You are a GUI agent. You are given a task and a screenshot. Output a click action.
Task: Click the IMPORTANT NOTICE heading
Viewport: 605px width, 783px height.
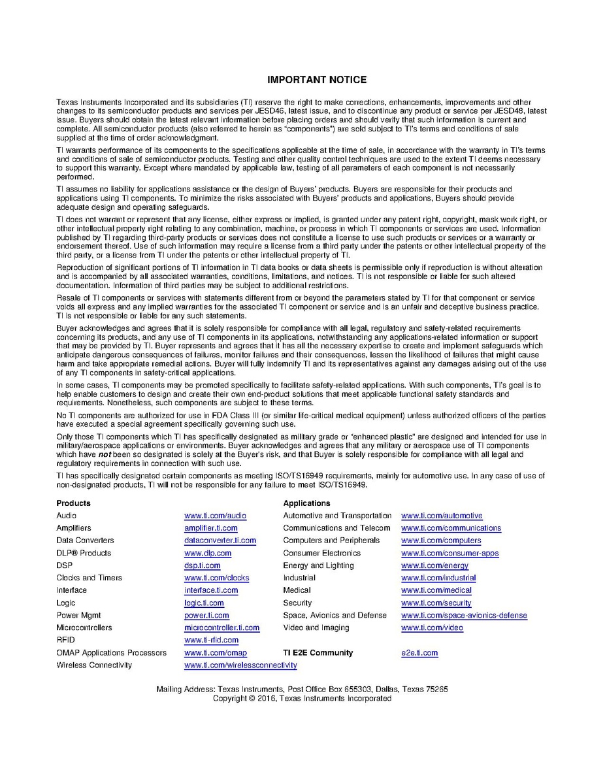tap(317, 80)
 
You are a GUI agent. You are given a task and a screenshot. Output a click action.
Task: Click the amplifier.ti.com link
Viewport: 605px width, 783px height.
tap(210, 528)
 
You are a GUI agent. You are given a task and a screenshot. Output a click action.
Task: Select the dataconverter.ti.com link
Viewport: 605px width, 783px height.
tap(220, 541)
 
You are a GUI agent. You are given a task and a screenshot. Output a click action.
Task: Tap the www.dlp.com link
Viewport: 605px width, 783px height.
tap(208, 553)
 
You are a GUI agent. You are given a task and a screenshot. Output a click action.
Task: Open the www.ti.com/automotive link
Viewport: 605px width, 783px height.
tap(442, 516)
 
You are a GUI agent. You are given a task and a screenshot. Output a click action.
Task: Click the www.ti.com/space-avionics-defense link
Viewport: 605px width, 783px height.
tap(464, 615)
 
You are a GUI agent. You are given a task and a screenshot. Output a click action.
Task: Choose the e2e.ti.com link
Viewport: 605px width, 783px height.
tap(419, 652)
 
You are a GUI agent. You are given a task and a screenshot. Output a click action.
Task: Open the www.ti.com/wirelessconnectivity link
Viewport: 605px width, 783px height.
tap(240, 665)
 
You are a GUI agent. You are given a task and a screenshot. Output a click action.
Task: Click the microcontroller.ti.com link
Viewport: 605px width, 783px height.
tap(221, 627)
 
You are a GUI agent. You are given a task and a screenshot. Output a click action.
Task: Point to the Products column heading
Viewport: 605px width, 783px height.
tap(73, 503)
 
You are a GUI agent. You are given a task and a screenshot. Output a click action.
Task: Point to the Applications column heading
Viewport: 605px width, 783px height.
tap(306, 503)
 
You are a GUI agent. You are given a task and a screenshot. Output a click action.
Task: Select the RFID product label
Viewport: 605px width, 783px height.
tap(65, 640)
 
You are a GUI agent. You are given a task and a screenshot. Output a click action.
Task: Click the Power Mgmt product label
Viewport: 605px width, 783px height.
tap(78, 615)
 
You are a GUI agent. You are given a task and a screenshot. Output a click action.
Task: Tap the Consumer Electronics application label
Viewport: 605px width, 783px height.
tap(321, 553)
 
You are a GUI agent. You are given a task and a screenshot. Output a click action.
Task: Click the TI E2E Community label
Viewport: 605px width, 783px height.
tap(318, 652)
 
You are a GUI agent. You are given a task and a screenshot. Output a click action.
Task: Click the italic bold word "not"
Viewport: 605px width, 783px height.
tap(86, 454)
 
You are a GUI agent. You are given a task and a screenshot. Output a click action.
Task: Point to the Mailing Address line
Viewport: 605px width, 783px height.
tap(302, 689)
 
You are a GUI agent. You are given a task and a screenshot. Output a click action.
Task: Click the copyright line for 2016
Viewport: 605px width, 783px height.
tap(302, 698)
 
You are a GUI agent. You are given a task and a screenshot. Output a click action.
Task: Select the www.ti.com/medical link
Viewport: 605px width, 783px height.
tap(436, 590)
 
